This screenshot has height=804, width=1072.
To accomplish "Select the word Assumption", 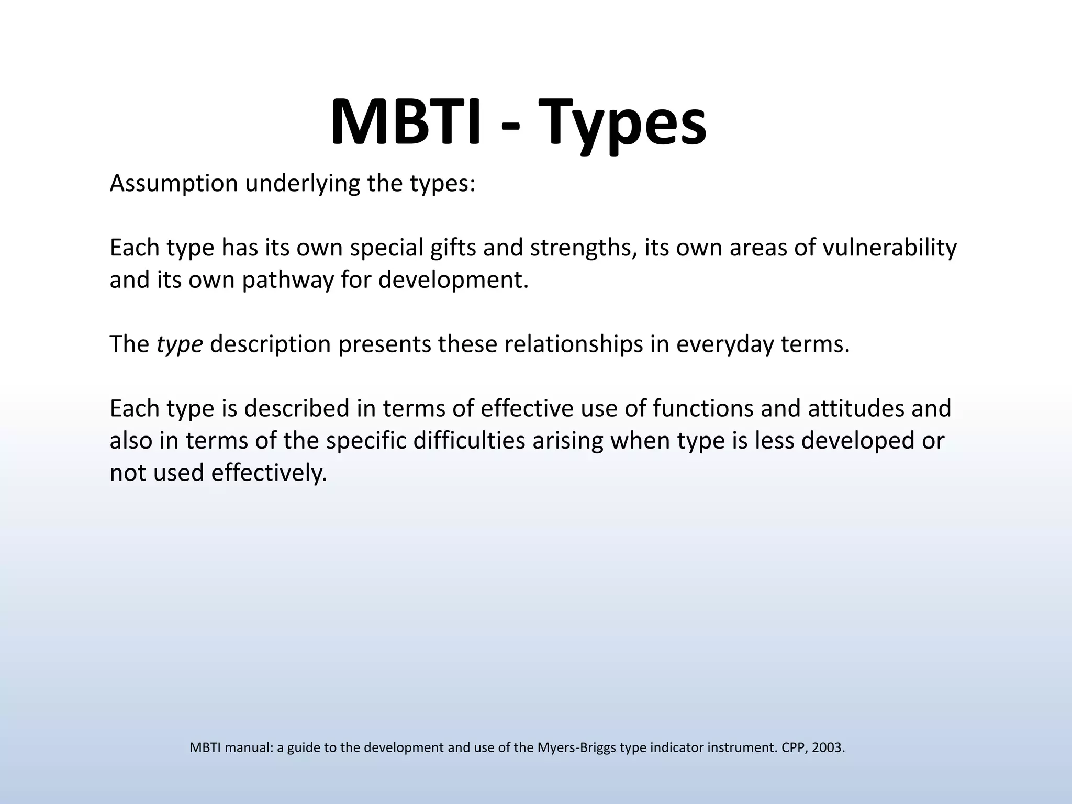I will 174,184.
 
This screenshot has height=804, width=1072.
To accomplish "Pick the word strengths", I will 584,248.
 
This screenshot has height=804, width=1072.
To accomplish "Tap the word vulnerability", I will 890,248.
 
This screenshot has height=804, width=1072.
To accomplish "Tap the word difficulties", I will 469,441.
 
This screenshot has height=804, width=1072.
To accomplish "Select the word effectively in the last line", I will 269,473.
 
